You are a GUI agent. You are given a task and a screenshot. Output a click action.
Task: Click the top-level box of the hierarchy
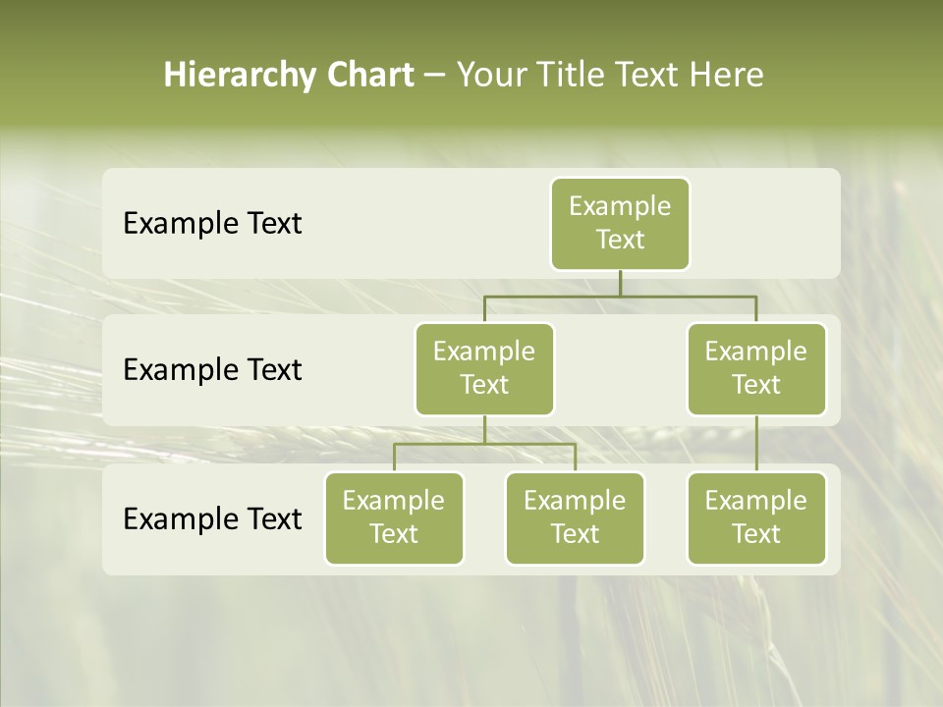coord(620,223)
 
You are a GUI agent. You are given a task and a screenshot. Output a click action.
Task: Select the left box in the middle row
coord(484,368)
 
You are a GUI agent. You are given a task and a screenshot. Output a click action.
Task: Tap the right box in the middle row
coord(756,368)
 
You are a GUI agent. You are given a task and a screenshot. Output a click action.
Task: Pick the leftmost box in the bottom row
coord(394,517)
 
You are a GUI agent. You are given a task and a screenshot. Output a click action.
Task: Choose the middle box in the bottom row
coord(575,517)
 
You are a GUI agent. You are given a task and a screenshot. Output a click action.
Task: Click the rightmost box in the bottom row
coord(756,517)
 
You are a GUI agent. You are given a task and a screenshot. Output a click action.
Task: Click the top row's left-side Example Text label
coord(212,224)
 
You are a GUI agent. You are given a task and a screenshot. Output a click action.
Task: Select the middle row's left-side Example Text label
coord(212,370)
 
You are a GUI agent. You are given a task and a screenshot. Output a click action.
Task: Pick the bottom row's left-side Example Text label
coord(212,518)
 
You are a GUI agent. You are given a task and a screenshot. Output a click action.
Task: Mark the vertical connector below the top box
coord(620,283)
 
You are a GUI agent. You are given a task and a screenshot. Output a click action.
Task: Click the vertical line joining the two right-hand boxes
coord(756,444)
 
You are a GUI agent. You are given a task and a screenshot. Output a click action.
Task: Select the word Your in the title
coord(491,76)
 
